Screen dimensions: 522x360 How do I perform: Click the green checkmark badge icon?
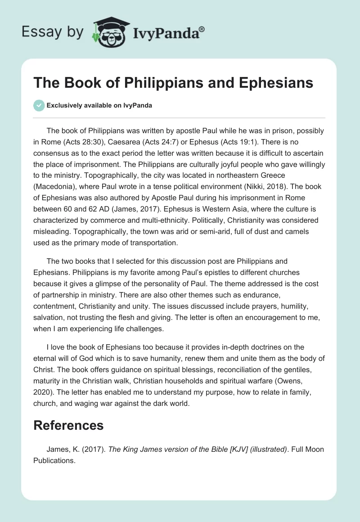coord(39,105)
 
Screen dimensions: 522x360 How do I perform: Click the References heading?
coord(68,425)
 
